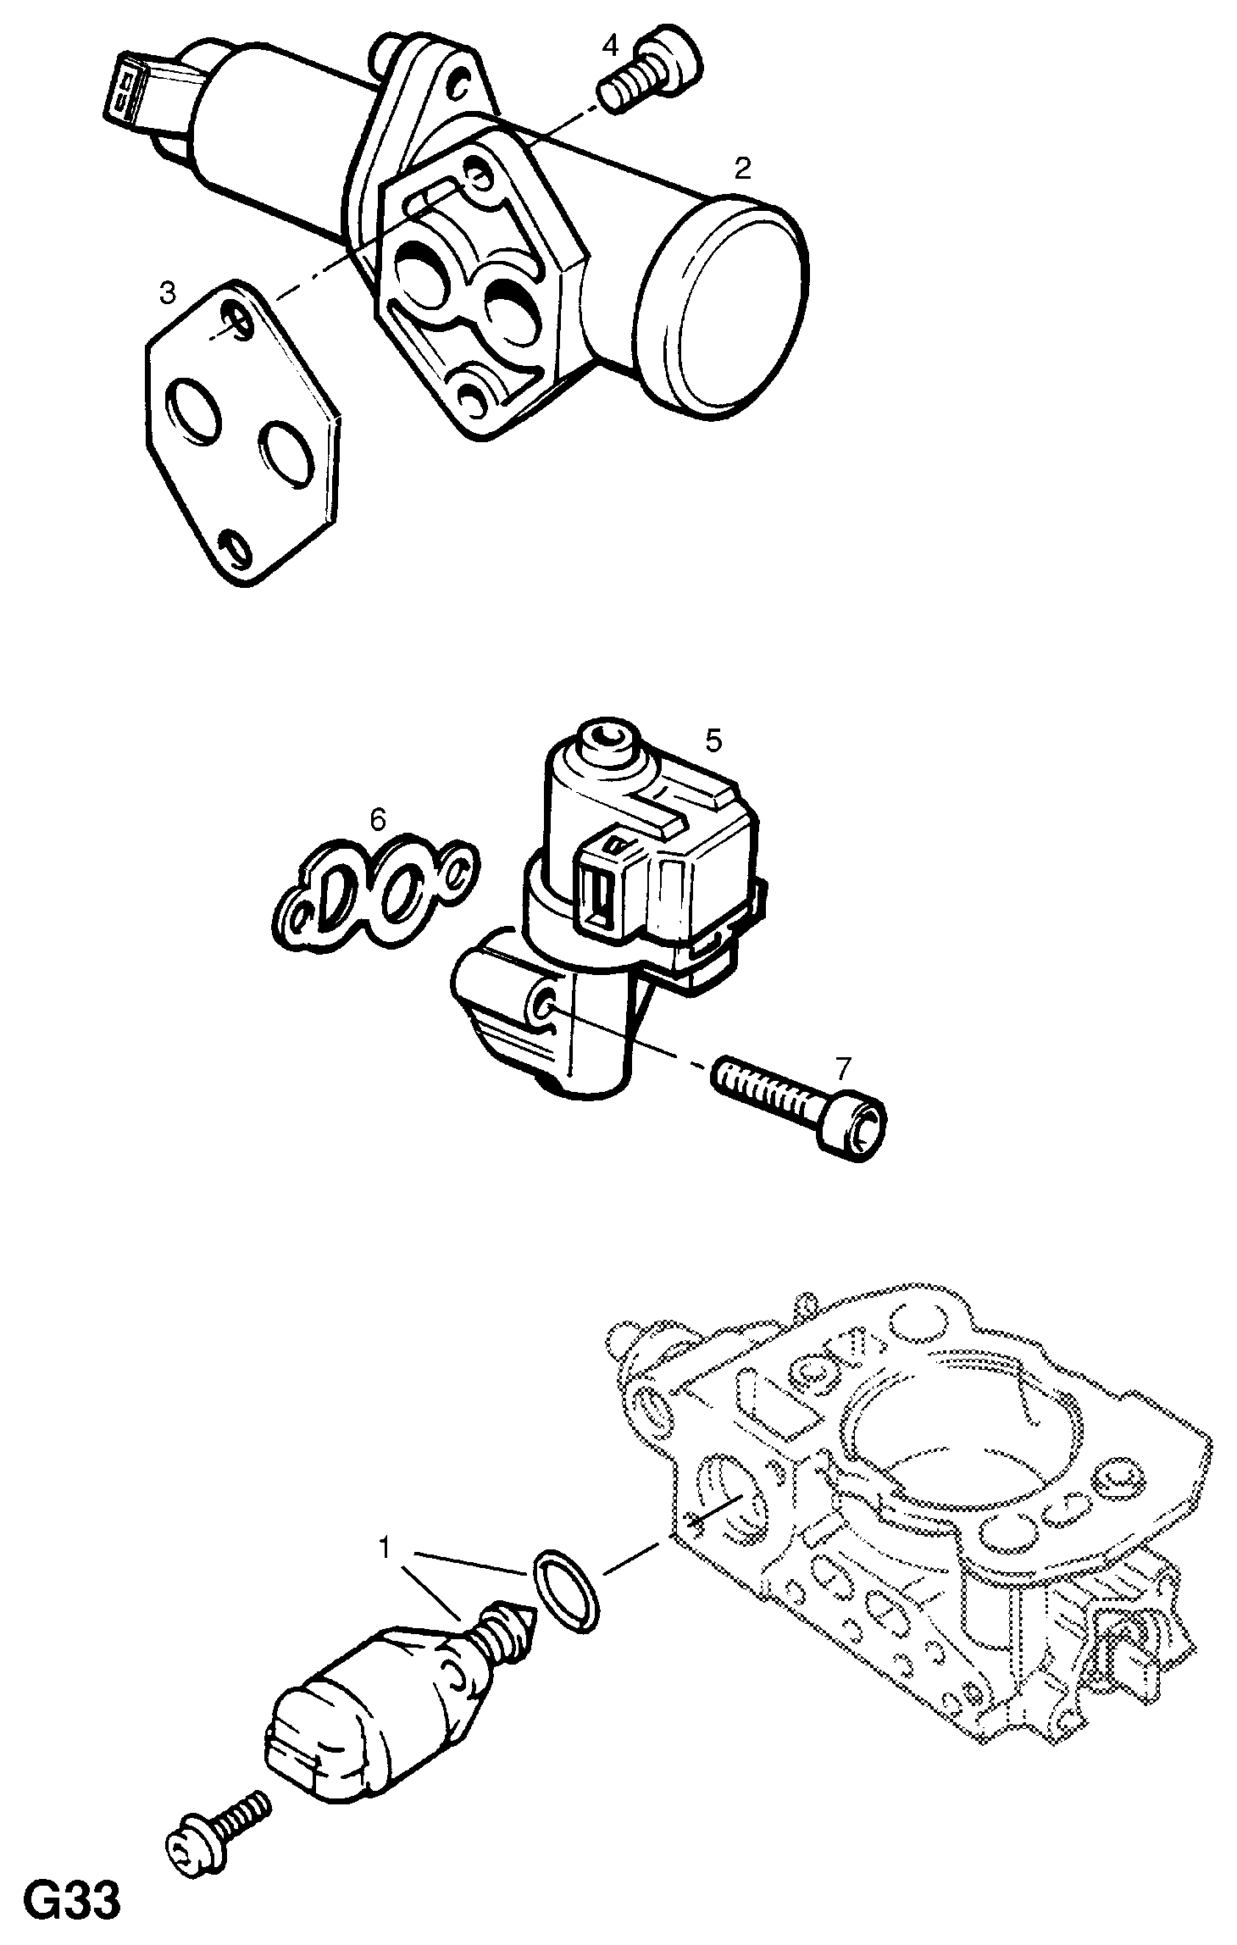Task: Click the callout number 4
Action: click(x=610, y=46)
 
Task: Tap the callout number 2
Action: click(x=742, y=169)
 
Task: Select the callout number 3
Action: click(x=168, y=294)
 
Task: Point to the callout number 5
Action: click(x=713, y=740)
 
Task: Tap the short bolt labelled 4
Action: click(x=650, y=70)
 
